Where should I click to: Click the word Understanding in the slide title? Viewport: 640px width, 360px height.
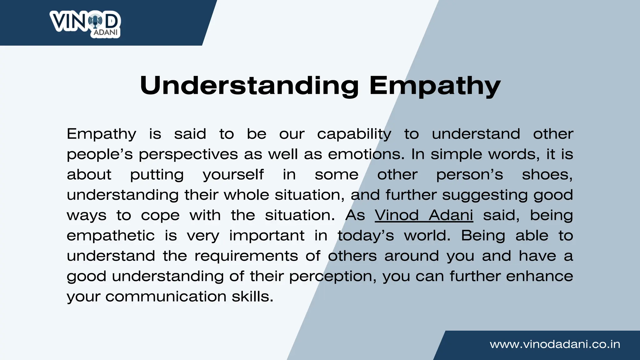click(249, 85)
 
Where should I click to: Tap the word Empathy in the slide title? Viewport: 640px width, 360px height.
click(435, 85)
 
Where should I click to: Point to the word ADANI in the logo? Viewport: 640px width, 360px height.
click(106, 32)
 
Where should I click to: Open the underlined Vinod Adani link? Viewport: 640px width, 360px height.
click(424, 215)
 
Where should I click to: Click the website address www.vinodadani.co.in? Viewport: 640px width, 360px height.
click(555, 344)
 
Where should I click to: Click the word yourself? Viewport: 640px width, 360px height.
click(233, 175)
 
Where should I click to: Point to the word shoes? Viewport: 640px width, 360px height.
click(547, 175)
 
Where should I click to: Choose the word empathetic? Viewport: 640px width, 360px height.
click(111, 236)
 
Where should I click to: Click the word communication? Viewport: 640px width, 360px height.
click(166, 297)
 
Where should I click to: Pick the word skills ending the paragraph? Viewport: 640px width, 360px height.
click(252, 297)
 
